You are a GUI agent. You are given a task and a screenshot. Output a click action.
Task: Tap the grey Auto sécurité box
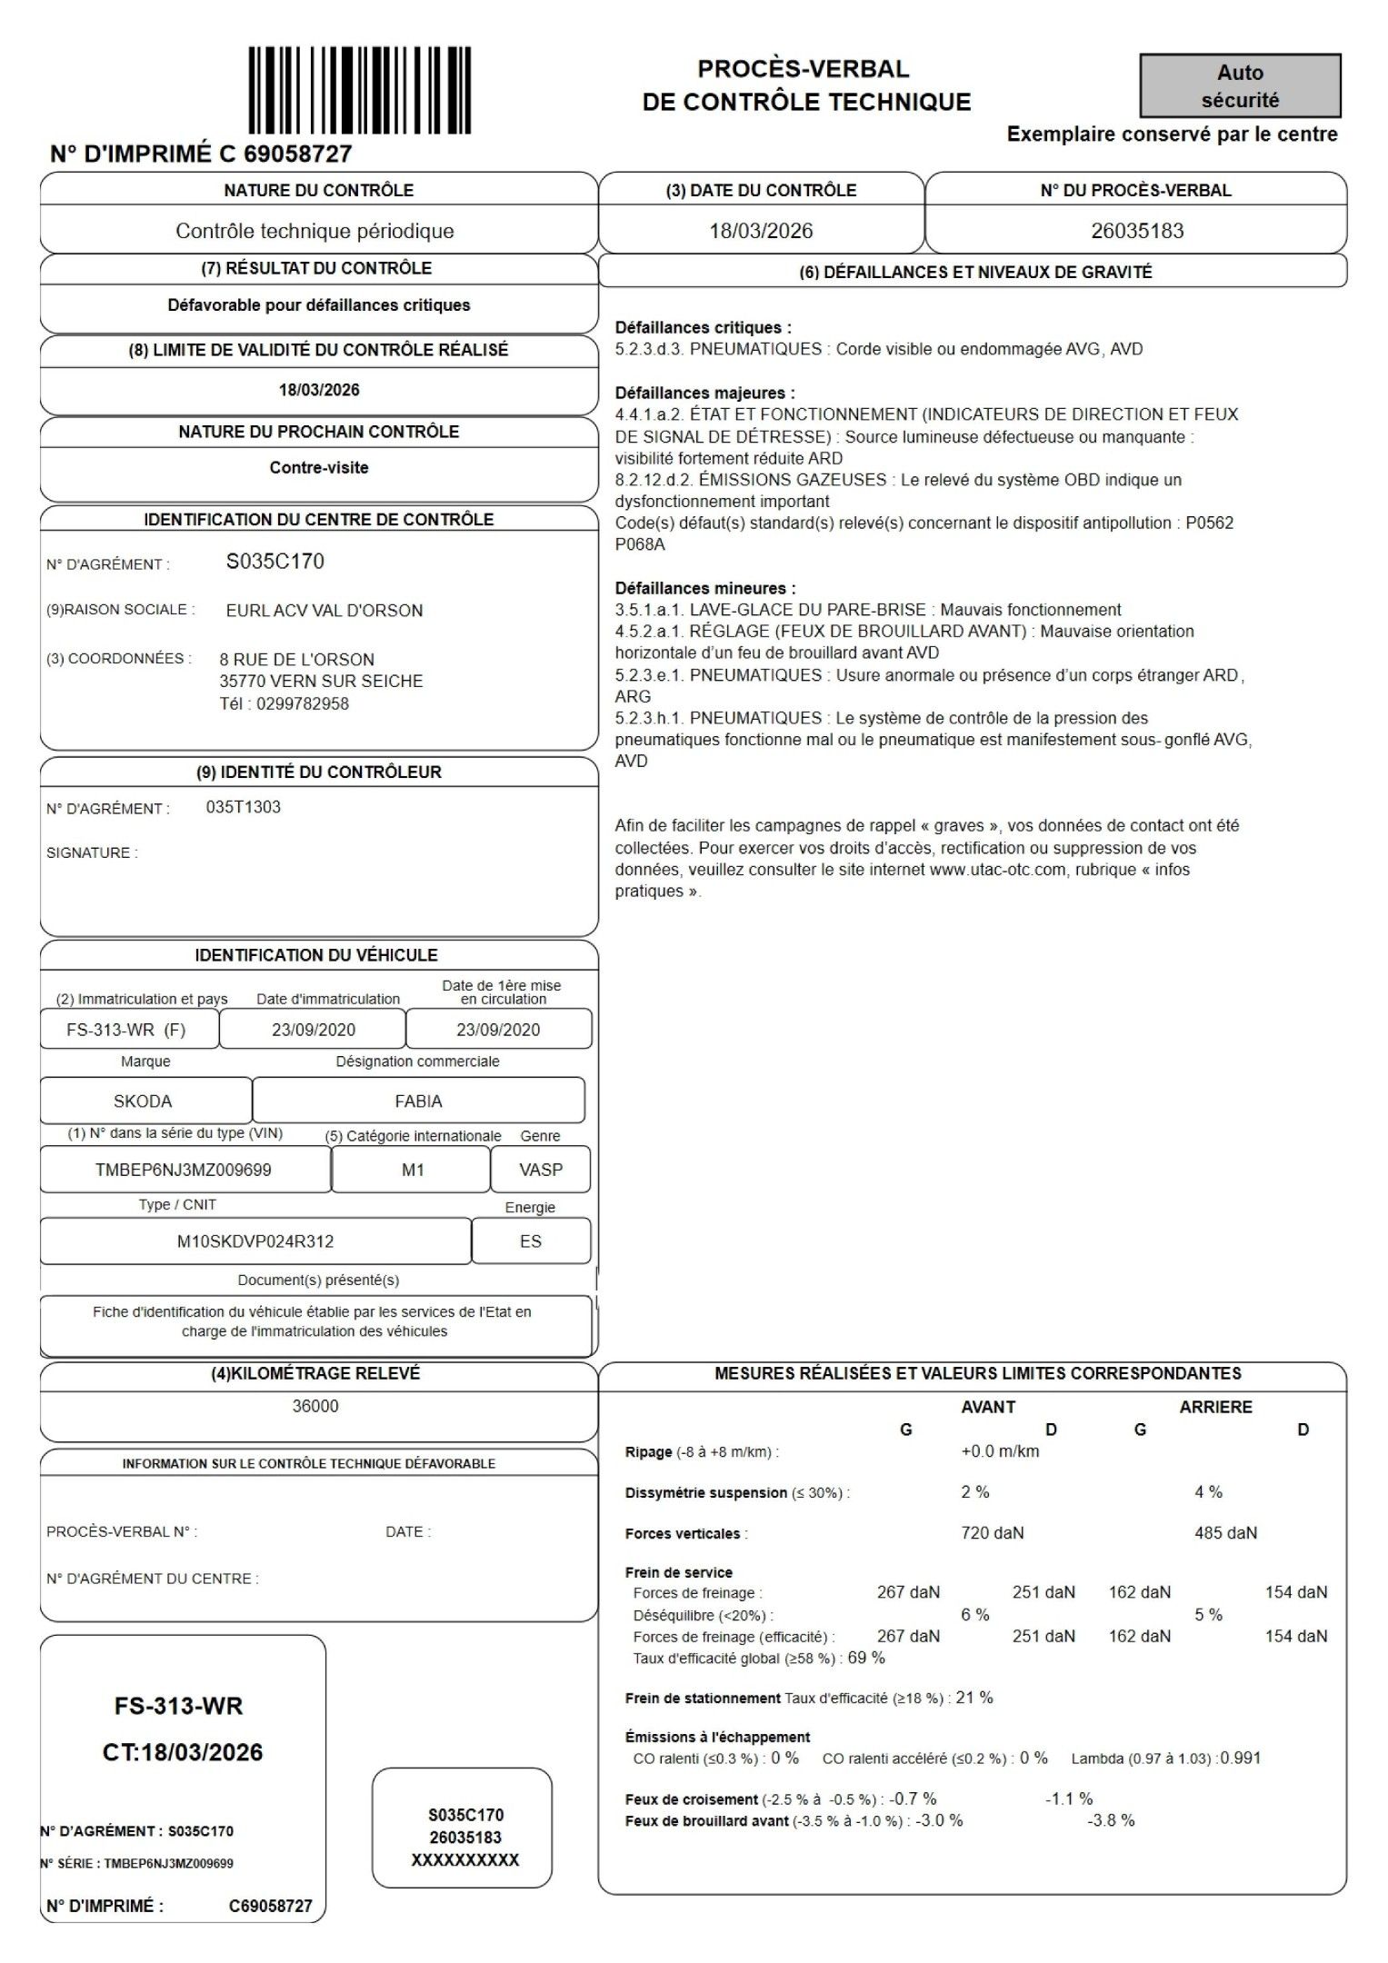click(x=1240, y=86)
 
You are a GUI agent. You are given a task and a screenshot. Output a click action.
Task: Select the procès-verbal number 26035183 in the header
click(x=1137, y=231)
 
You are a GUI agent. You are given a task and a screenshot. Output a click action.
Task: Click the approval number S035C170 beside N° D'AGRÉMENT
click(x=275, y=562)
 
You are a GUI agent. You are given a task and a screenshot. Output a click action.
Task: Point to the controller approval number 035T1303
click(x=244, y=807)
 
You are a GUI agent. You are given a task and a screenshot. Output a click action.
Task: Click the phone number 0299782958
click(x=302, y=703)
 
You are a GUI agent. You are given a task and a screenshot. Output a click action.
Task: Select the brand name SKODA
click(x=143, y=1101)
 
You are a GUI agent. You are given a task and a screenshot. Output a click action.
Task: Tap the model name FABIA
click(x=418, y=1101)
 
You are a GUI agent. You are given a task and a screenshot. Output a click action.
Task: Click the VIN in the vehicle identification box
click(x=184, y=1170)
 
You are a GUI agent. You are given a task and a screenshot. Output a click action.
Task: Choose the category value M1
click(x=413, y=1170)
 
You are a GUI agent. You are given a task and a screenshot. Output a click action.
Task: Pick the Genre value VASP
click(x=541, y=1170)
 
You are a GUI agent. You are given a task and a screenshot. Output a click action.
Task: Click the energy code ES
click(x=531, y=1241)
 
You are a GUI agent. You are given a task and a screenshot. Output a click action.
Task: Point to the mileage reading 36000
click(x=315, y=1406)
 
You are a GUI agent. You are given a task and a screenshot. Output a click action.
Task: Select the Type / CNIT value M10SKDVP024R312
click(x=255, y=1241)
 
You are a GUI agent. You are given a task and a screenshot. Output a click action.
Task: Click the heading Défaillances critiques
click(x=703, y=328)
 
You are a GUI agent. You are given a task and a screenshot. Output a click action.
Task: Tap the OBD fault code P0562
click(x=1209, y=523)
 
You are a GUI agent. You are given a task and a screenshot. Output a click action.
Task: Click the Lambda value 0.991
click(x=1241, y=1758)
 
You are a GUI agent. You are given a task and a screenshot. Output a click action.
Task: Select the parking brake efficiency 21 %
click(x=974, y=1698)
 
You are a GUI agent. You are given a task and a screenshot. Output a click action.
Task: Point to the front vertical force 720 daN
click(x=993, y=1533)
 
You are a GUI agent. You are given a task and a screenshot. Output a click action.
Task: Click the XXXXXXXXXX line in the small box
click(x=465, y=1860)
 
